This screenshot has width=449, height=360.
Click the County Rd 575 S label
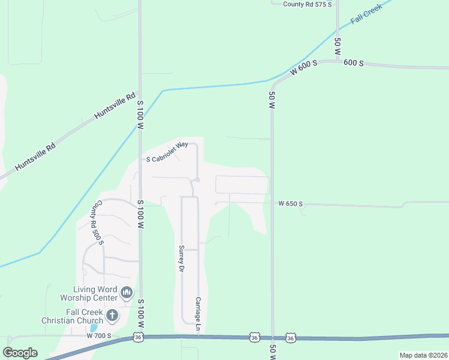(307, 4)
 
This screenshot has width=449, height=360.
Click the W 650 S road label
(291, 204)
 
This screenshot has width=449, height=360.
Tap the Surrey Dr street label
(179, 259)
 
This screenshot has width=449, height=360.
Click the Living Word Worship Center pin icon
(126, 293)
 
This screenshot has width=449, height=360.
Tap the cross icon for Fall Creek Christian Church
(112, 315)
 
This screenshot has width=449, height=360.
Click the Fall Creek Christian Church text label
(77, 316)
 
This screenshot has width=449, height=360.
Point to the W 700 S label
(98, 336)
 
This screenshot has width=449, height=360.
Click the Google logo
(20, 353)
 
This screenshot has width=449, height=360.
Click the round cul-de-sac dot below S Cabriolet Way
(197, 180)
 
